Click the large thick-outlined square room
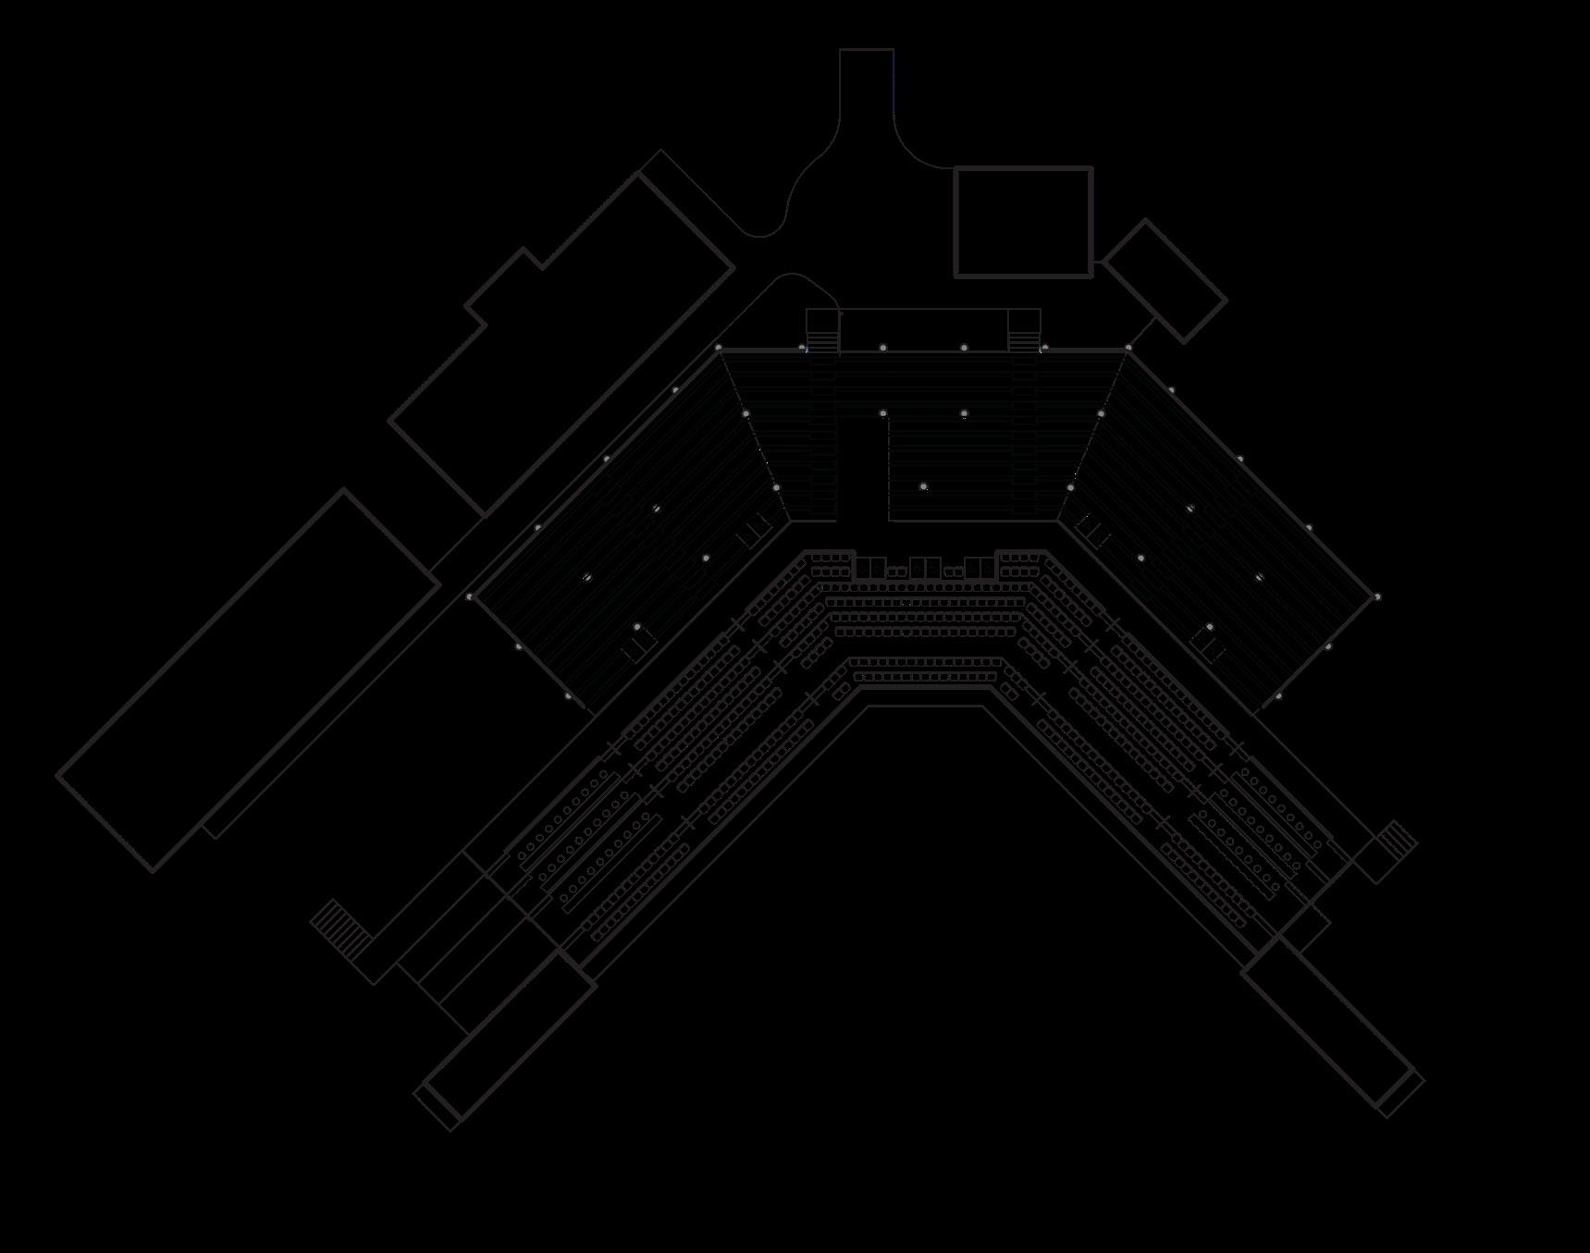pos(1023,222)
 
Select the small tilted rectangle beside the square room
pos(1165,281)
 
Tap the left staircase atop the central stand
pos(821,330)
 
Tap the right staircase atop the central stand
pos(1024,330)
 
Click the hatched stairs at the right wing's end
pos(1397,841)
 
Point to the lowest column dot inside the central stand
pos(923,486)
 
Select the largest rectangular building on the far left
pos(248,680)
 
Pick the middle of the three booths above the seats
pos(924,568)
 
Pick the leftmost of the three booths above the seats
pos(869,568)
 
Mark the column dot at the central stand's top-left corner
pos(719,348)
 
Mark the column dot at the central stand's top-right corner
pos(1128,348)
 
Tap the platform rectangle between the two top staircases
pos(923,330)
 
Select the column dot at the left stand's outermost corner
pos(469,597)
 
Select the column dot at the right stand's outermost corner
pos(1377,597)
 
